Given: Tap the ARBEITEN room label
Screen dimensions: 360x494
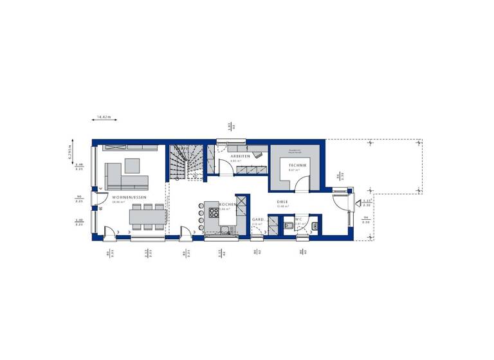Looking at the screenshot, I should (x=241, y=156).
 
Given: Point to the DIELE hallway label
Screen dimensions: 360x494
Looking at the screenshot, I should (x=282, y=202).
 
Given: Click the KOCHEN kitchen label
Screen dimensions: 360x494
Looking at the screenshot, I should (x=227, y=204).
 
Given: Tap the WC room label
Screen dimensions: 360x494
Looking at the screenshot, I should (x=298, y=219).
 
